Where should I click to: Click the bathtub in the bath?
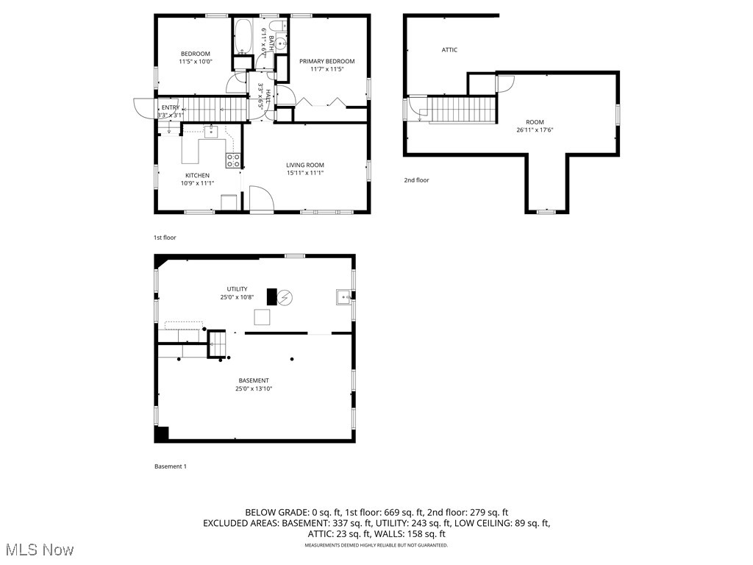[x=243, y=38]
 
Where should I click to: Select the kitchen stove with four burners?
[x=233, y=160]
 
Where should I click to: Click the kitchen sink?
[x=211, y=132]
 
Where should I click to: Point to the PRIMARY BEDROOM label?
[x=326, y=61]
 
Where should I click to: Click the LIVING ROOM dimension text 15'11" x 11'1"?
[x=305, y=173]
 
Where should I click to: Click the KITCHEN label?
[x=197, y=175]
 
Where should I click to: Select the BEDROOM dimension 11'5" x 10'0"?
[x=196, y=62]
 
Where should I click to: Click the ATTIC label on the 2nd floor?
[x=449, y=50]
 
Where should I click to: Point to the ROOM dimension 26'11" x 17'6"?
[x=535, y=130]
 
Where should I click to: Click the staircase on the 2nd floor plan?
[x=463, y=110]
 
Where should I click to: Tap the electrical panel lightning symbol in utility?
[x=285, y=297]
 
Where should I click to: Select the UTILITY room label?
[x=237, y=289]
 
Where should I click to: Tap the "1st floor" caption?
[x=165, y=238]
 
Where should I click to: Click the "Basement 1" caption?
[x=171, y=466]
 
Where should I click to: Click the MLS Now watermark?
[x=38, y=550]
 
